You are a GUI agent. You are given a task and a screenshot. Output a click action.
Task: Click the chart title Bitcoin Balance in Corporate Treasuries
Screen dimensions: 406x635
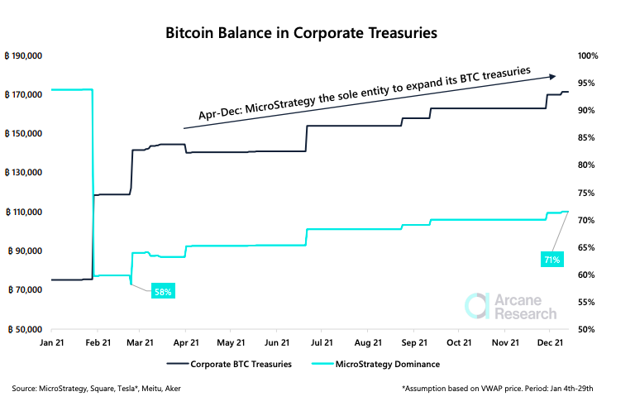coord(301,34)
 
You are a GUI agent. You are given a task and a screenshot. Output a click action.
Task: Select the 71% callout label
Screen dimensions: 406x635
coord(551,259)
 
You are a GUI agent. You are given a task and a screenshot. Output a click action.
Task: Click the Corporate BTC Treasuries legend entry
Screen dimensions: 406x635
coord(229,363)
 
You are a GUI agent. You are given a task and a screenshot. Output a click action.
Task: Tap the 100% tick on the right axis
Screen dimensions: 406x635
coord(588,55)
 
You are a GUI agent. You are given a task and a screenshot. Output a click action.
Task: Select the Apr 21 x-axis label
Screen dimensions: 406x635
coord(186,341)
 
